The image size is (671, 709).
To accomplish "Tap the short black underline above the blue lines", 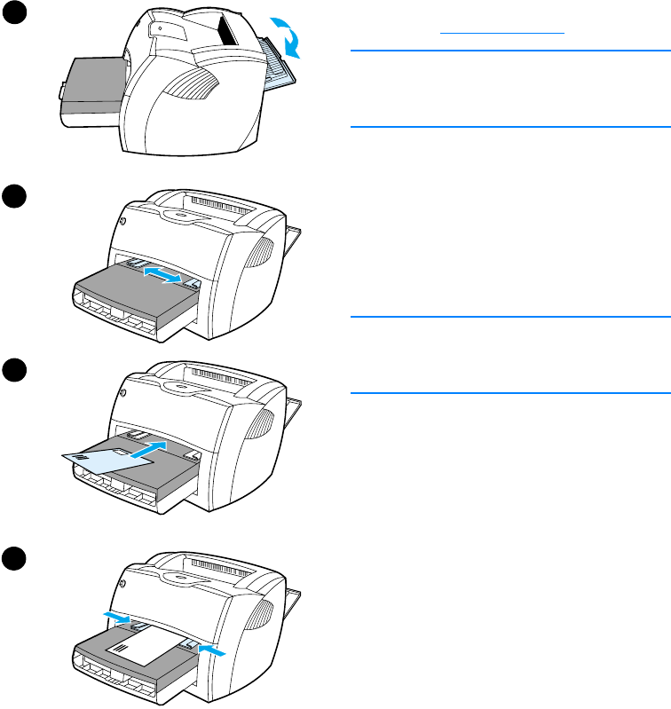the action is coord(503,32).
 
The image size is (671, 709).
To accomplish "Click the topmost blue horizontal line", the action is coord(509,51).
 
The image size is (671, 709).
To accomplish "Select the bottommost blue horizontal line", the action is coord(509,392).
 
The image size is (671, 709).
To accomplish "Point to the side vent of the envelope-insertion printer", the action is coord(265,422).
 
